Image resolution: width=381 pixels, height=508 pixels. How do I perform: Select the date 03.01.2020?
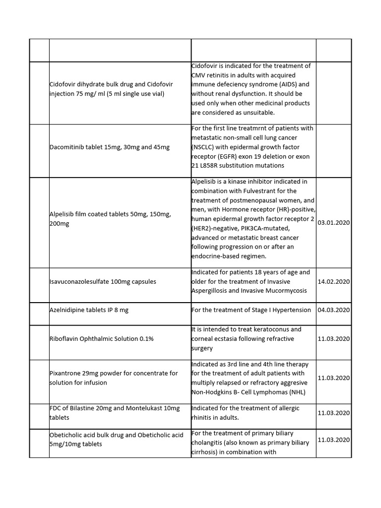coord(333,223)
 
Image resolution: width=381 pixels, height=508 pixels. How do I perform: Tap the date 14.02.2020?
coord(333,281)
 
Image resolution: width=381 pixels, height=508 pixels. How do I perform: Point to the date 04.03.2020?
coord(333,310)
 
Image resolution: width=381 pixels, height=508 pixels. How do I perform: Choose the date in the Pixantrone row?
coord(333,378)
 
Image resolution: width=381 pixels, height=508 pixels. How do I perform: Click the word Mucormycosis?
coord(282,291)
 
